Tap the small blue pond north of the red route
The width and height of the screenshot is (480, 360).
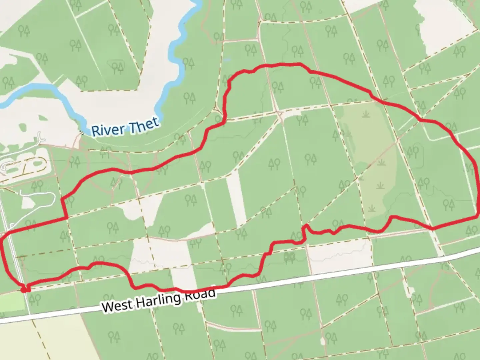click(x=227, y=60)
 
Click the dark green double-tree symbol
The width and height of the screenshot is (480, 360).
click(x=289, y=256)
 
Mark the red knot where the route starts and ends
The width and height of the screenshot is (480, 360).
click(x=25, y=289)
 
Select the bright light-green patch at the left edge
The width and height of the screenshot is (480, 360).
click(x=12, y=302)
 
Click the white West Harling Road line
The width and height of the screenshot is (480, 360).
click(x=333, y=271)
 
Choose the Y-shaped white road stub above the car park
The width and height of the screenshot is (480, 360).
click(x=40, y=138)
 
